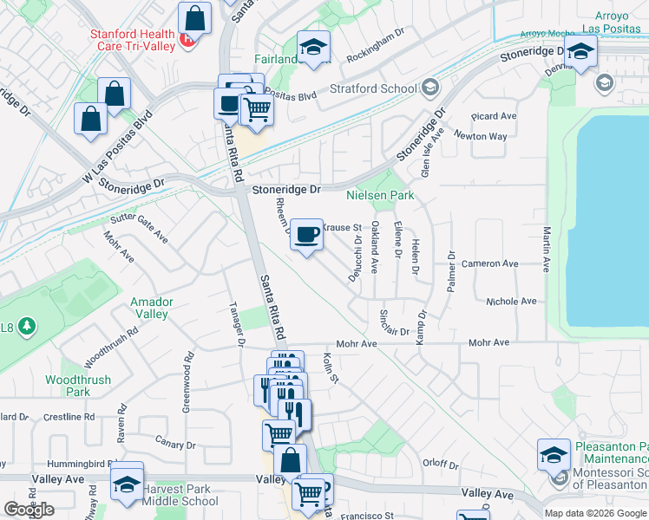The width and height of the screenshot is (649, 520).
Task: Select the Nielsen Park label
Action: pyautogui.click(x=380, y=196)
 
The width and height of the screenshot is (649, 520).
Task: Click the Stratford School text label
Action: pyautogui.click(x=373, y=88)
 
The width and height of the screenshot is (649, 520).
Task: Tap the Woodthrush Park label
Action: pyautogui.click(x=78, y=386)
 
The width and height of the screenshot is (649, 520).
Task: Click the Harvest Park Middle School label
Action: pyautogui.click(x=181, y=495)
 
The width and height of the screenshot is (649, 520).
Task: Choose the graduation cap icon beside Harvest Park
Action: pyautogui.click(x=127, y=485)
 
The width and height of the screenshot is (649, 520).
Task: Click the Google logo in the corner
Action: pyautogui.click(x=29, y=509)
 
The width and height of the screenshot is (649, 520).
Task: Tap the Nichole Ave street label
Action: pyautogui.click(x=511, y=302)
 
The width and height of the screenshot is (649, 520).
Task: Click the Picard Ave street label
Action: pyautogui.click(x=494, y=116)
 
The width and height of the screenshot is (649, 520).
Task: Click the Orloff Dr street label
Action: pyautogui.click(x=440, y=463)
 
